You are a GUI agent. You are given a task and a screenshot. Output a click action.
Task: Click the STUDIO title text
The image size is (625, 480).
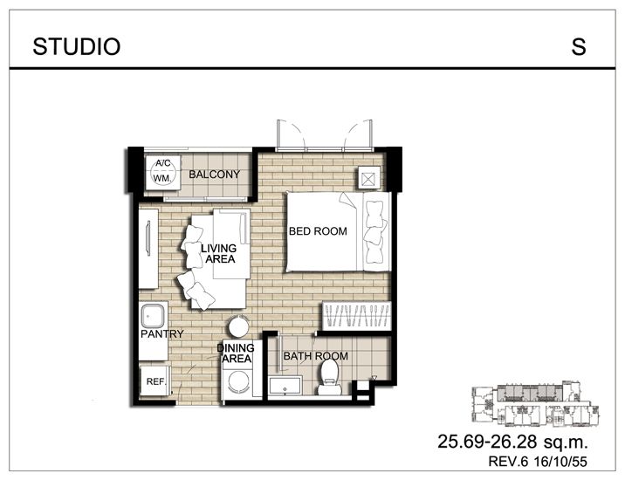pos(77,47)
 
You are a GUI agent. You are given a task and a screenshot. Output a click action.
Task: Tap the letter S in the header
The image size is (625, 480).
pos(579,47)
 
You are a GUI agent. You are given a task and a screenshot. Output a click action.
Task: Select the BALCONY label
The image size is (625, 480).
pos(214,175)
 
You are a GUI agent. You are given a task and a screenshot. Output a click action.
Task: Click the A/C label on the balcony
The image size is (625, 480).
pos(162,164)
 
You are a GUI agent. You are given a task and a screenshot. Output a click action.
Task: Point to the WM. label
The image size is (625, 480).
pos(162,179)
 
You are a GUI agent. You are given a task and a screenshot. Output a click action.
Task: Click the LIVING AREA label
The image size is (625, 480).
pos(218,254)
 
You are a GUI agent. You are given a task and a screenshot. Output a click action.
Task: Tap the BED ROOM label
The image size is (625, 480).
pos(318,232)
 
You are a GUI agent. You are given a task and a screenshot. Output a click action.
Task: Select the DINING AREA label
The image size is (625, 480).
pos(236,353)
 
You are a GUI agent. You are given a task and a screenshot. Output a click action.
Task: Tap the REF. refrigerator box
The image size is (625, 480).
pos(156,382)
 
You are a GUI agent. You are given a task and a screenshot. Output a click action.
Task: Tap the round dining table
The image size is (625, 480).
pos(237,327)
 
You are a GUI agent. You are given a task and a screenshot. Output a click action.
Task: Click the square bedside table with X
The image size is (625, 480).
pos(368,178)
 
